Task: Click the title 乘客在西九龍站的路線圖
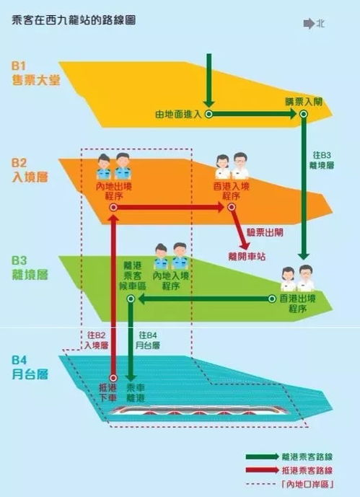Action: coord(74,20)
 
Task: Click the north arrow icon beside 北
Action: coord(309,24)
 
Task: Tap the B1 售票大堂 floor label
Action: coord(36,74)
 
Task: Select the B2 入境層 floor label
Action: coord(30,170)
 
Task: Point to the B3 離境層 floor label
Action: coord(30,268)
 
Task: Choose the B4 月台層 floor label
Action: coord(30,368)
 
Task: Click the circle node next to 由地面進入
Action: coord(208,114)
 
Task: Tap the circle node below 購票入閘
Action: coord(304,114)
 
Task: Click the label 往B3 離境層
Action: coord(322,160)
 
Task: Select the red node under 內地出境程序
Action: coord(113,208)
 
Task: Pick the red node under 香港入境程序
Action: coord(232,207)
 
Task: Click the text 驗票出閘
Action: coord(265,233)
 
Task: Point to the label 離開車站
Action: coord(247,256)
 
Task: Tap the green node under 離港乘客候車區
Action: coord(131,299)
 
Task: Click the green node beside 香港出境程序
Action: coord(272,299)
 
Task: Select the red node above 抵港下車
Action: coord(113,378)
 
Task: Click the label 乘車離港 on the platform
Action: coord(136,392)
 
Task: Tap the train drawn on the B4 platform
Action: coord(198,411)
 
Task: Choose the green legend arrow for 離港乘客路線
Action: coord(263,457)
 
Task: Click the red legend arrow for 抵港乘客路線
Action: coord(263,470)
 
